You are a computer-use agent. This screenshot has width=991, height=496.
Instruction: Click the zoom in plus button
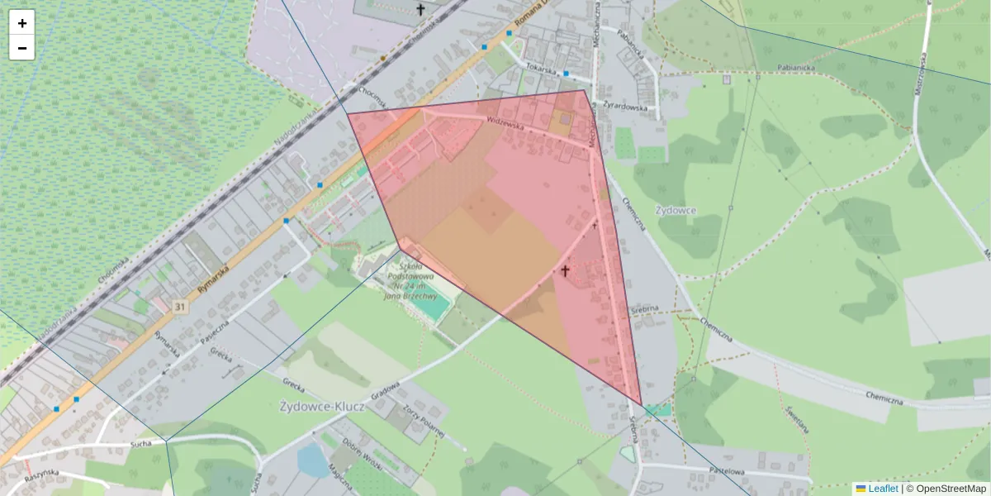click(22, 23)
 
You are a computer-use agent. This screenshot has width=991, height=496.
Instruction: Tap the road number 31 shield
click(180, 307)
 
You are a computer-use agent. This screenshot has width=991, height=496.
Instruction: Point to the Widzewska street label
click(506, 121)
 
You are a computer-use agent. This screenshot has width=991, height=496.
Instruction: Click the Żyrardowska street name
click(628, 106)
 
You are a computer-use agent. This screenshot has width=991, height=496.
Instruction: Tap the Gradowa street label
click(385, 389)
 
